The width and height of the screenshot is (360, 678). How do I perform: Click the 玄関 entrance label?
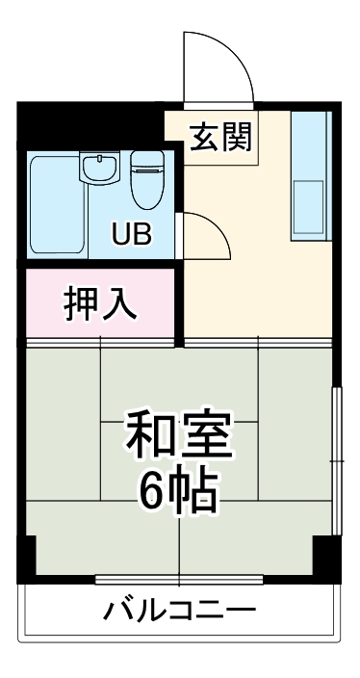[219, 137]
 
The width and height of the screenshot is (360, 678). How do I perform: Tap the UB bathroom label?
[131, 234]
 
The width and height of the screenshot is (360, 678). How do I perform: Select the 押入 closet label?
[100, 302]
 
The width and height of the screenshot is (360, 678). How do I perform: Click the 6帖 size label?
[179, 493]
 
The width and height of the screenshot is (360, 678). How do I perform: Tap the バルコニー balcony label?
[179, 611]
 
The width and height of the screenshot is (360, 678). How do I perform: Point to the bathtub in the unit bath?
[56, 207]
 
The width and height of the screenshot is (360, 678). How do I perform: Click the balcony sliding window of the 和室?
[179, 578]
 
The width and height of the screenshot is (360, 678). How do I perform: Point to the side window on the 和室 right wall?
[336, 460]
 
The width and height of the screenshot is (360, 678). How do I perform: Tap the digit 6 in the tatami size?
[155, 494]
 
